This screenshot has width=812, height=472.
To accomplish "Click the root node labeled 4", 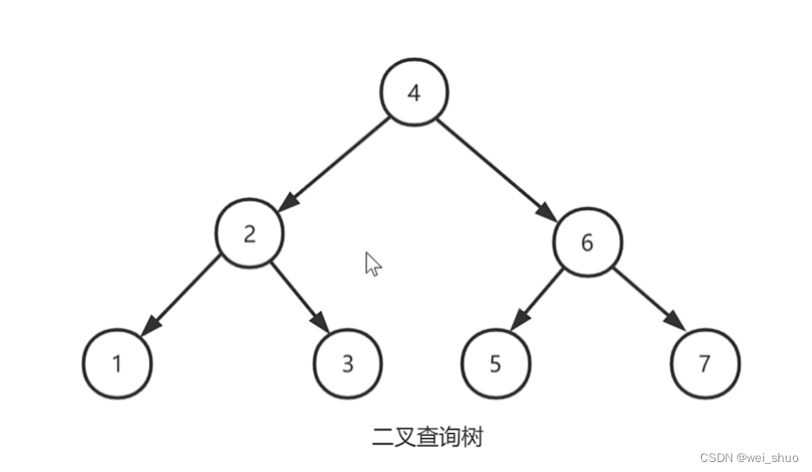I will [x=415, y=93].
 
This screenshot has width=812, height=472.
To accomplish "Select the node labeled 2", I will [x=250, y=233].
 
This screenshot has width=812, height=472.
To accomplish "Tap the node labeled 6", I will [x=587, y=243].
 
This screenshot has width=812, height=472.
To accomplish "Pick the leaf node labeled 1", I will [x=117, y=364].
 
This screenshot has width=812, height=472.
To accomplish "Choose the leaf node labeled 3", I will [x=348, y=364].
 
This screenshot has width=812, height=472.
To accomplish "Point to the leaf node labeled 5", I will [x=496, y=364].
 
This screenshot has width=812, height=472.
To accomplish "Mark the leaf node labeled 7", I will [x=705, y=364].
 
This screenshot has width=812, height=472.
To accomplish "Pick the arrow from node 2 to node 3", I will [x=298, y=296].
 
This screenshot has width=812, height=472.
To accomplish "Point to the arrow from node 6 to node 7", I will [x=648, y=298].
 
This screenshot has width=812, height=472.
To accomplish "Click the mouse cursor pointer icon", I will [x=372, y=264].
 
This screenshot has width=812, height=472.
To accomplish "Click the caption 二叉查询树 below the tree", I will [x=427, y=437].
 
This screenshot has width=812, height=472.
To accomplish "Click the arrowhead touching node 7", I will [x=676, y=322].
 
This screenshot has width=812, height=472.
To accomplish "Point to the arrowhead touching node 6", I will [x=546, y=212].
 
